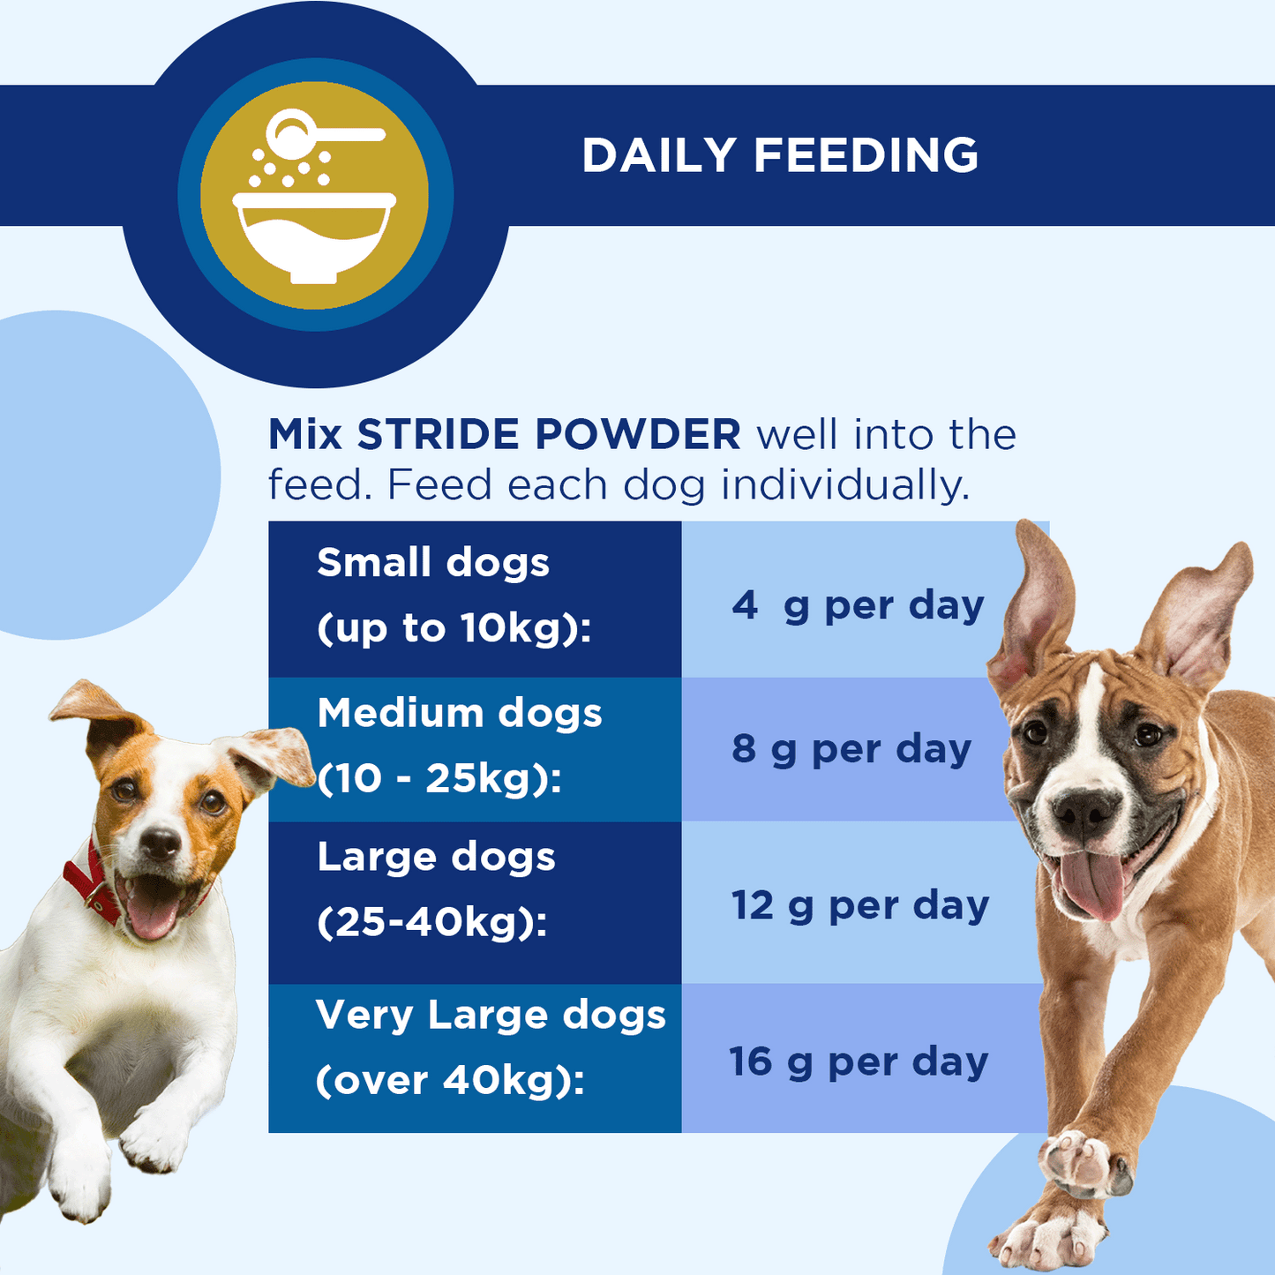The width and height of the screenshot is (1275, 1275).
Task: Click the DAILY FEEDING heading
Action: pyautogui.click(x=780, y=155)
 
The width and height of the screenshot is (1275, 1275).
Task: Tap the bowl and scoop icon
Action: pyautogui.click(x=315, y=196)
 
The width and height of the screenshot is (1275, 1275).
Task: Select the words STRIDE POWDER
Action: pyautogui.click(x=548, y=434)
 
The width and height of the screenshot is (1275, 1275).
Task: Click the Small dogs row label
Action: pyautogui.click(x=433, y=563)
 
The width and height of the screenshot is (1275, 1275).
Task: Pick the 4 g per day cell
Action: pyautogui.click(x=858, y=605)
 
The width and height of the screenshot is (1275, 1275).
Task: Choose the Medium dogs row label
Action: pyautogui.click(x=460, y=713)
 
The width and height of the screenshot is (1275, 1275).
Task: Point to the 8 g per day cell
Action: pyautogui.click(x=851, y=749)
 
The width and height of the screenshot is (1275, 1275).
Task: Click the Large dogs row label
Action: pyautogui.click(x=437, y=857)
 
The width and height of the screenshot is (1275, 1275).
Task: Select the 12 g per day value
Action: pyautogui.click(x=860, y=905)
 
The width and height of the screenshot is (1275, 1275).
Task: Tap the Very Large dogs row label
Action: pyautogui.click(x=491, y=1015)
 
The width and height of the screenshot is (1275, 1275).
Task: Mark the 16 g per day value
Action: pyautogui.click(x=859, y=1061)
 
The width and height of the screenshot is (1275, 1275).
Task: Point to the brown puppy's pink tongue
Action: pyautogui.click(x=1092, y=885)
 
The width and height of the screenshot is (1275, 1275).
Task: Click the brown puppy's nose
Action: pyautogui.click(x=1084, y=811)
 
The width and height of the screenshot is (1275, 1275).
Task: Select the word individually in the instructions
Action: pyautogui.click(x=844, y=485)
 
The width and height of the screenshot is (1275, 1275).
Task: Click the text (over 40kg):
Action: pyautogui.click(x=450, y=1080)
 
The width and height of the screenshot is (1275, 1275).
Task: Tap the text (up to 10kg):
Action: pyautogui.click(x=454, y=628)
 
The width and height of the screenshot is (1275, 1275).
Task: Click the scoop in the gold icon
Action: pyautogui.click(x=322, y=134)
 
